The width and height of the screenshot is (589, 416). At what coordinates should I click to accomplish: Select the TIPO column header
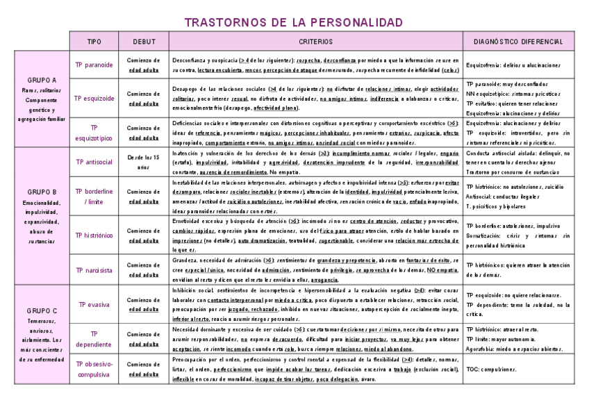click(94, 42)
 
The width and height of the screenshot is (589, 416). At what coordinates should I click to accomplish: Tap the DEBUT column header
click(144, 42)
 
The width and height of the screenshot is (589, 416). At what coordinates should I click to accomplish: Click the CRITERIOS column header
click(316, 42)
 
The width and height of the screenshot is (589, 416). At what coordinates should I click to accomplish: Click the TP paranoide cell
click(94, 65)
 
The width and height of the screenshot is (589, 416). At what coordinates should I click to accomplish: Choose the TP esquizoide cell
click(94, 98)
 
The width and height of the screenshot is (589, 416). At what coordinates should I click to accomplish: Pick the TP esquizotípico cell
click(94, 132)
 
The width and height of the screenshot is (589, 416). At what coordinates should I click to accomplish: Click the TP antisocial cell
click(94, 163)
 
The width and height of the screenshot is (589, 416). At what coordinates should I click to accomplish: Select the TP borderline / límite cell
click(94, 196)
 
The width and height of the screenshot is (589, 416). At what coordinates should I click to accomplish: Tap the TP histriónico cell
click(94, 235)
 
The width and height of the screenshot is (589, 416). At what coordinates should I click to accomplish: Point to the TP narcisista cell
click(94, 270)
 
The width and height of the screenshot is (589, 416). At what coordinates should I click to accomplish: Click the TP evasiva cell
click(94, 304)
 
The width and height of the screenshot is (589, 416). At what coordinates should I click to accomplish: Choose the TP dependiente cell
click(94, 338)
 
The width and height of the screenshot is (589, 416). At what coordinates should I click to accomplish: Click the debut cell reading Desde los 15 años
click(144, 163)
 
